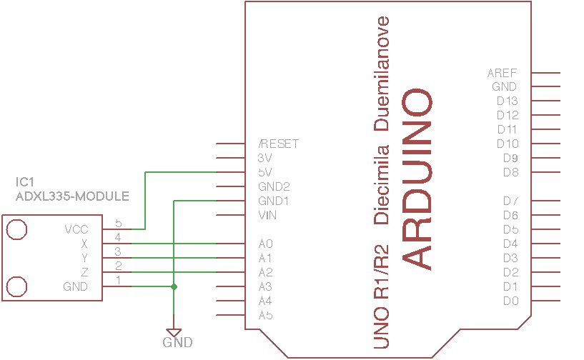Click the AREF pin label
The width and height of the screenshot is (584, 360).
(502, 73)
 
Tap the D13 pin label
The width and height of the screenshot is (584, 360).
(507, 101)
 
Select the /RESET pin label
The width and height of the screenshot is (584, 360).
(278, 144)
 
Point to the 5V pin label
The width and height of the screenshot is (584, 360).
(265, 172)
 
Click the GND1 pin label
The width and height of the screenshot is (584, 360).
(273, 201)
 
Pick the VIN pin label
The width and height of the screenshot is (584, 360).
(267, 215)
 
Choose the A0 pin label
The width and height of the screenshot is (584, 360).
(266, 244)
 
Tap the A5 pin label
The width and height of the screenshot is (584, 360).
(266, 315)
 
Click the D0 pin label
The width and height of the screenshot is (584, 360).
(510, 301)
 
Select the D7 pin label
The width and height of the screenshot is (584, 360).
(510, 201)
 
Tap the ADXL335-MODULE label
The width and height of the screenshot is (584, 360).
(72, 195)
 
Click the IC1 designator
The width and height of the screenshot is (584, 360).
(26, 181)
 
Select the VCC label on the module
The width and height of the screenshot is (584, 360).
(76, 229)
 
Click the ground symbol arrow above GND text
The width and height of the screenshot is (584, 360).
(173, 332)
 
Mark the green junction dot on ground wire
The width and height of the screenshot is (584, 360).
(173, 286)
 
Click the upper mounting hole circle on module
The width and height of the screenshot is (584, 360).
(16, 229)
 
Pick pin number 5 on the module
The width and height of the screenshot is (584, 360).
(118, 224)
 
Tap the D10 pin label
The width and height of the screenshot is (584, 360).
(507, 144)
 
